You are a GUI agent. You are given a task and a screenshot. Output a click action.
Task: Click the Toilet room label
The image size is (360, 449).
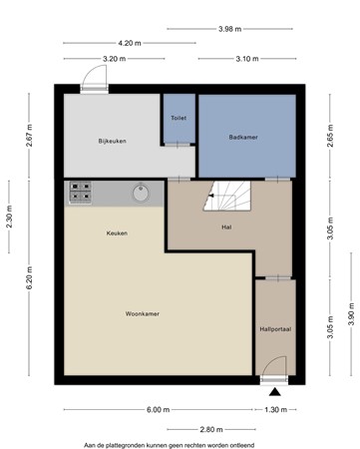(x=179, y=118)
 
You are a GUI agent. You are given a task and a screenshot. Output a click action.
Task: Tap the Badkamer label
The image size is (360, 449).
(x=243, y=137)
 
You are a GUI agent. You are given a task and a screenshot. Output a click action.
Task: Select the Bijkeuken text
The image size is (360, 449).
(x=112, y=141)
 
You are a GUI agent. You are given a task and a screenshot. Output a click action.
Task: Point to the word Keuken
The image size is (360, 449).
(x=117, y=233)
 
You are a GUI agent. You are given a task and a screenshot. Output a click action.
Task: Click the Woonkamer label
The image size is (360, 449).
(x=143, y=313)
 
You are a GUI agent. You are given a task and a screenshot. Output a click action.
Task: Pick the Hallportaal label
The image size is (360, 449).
(x=275, y=329)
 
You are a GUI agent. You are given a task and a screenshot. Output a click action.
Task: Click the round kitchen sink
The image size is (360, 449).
(x=141, y=193)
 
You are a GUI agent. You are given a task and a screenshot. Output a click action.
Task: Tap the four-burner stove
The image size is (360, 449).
(x=80, y=192)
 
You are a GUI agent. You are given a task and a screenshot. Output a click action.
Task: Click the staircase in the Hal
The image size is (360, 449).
(x=227, y=196)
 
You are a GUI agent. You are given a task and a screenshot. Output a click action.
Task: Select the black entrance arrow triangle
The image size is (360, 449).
(x=275, y=392)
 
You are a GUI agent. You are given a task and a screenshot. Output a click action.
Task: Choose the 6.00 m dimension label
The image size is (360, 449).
(x=159, y=410)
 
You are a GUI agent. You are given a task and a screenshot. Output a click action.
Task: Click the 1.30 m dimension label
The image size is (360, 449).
(x=276, y=410)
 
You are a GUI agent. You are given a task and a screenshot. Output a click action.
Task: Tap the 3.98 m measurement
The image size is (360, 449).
(x=230, y=29)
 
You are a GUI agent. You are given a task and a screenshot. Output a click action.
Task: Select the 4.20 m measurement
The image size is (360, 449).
(x=130, y=43)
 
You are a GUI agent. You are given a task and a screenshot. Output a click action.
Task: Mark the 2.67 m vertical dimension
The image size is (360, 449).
(x=29, y=135)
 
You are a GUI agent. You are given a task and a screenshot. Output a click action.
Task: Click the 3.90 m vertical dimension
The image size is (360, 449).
(x=351, y=314)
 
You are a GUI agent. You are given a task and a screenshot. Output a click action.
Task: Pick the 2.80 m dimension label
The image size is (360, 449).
(x=211, y=429)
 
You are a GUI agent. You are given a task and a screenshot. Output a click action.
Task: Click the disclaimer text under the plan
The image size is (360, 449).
(x=169, y=445)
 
